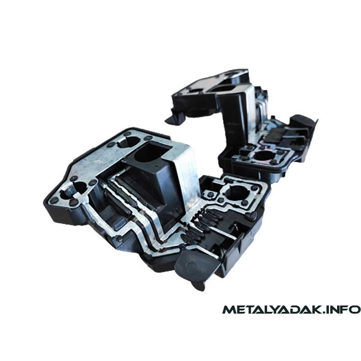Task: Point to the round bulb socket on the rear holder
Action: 265,155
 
